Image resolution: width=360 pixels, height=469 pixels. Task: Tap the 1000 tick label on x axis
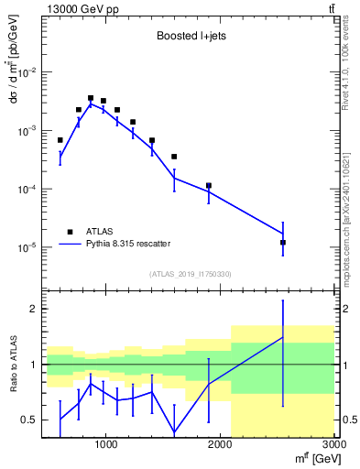tap(106, 445)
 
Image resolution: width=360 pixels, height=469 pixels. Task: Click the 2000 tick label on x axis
tap(221, 445)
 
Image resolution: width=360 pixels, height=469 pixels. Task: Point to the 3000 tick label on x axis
tap(333, 445)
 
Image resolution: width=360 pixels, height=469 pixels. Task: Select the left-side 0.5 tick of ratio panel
tap(30, 420)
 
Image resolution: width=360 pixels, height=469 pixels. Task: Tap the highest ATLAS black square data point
tap(91, 98)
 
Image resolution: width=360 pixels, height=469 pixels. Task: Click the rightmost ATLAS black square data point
tap(283, 243)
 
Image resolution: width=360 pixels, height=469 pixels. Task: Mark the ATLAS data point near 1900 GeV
tap(209, 186)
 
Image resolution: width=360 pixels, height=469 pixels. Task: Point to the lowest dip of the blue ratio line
tap(174, 431)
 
